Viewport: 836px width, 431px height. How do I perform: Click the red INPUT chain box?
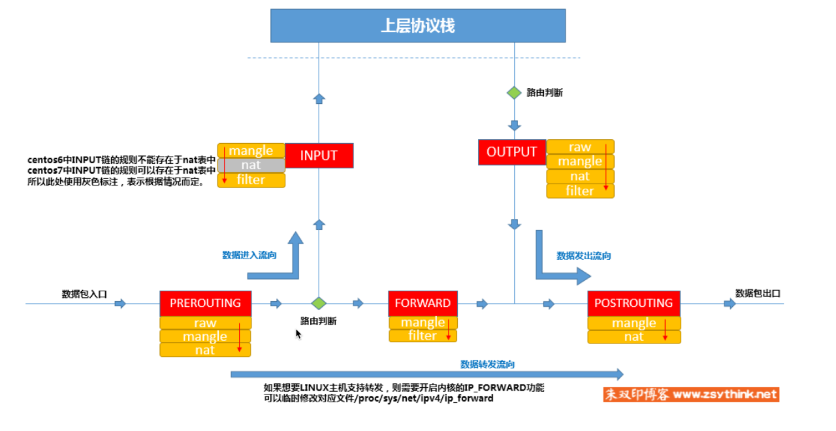pyautogui.click(x=318, y=155)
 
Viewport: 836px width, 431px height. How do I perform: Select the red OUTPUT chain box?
pyautogui.click(x=511, y=152)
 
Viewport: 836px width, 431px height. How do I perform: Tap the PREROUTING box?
pyautogui.click(x=205, y=303)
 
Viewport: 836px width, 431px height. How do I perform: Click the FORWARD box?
pyautogui.click(x=422, y=303)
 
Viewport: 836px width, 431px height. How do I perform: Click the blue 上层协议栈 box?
pyautogui.click(x=418, y=26)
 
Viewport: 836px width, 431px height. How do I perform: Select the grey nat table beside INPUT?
pyautogui.click(x=251, y=165)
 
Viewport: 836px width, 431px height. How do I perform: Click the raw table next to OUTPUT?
pyautogui.click(x=580, y=147)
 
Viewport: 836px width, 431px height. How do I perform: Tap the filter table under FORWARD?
pyautogui.click(x=422, y=336)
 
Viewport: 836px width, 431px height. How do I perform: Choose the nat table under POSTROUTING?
pyautogui.click(x=633, y=336)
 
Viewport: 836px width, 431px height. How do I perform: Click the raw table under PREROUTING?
pyautogui.click(x=205, y=323)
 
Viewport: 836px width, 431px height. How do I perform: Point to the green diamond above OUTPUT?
pyautogui.click(x=514, y=93)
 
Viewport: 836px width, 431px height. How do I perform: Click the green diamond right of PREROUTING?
pyautogui.click(x=318, y=303)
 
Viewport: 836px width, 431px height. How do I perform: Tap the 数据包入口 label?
pyautogui.click(x=84, y=294)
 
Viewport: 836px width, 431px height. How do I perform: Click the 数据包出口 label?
pyautogui.click(x=757, y=293)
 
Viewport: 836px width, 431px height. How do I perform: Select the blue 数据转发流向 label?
pyautogui.click(x=487, y=364)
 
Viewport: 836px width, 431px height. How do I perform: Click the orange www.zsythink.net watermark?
pyautogui.click(x=691, y=394)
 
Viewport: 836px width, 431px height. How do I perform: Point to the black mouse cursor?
pyautogui.click(x=298, y=334)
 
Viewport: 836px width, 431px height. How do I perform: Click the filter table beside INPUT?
pyautogui.click(x=251, y=180)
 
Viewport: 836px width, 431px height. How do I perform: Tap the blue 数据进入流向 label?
pyautogui.click(x=249, y=255)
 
